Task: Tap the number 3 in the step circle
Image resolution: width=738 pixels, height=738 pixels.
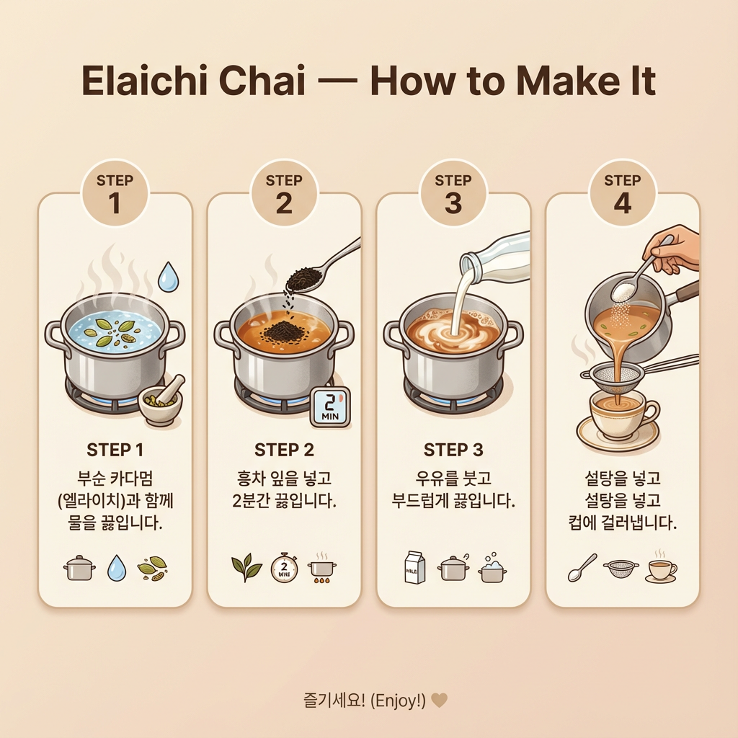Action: coord(453,204)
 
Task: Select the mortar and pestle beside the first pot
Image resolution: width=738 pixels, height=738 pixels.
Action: coord(161,404)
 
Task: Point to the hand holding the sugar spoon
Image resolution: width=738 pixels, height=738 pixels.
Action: coord(674,249)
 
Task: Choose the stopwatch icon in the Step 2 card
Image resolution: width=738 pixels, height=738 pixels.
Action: coord(283,567)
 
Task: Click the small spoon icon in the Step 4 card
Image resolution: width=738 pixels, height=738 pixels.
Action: coord(582,567)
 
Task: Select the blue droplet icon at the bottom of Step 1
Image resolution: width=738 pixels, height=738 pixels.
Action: coord(117,568)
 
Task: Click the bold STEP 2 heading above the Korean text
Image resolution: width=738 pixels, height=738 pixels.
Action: coord(284,450)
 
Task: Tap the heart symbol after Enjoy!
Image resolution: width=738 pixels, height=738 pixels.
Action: coord(439,700)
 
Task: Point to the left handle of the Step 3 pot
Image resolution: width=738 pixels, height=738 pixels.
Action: coord(392,335)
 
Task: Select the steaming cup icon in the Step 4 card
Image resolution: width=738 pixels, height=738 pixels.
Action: coord(660,567)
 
